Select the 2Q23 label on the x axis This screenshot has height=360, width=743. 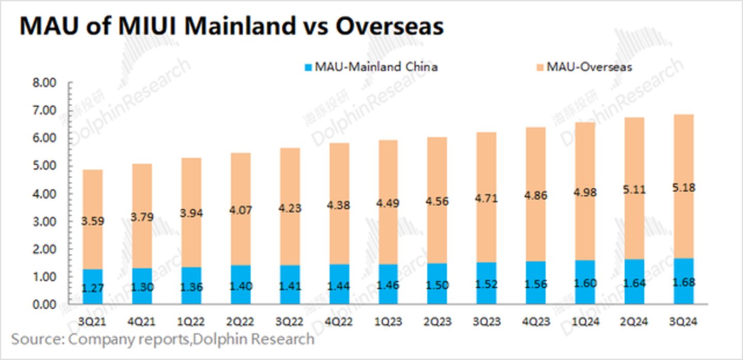(x=437, y=322)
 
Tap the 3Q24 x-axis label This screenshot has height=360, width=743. (x=683, y=322)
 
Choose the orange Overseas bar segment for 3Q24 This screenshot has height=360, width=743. (x=683, y=155)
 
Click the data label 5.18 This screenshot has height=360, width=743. (x=683, y=188)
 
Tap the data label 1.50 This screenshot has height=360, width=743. (x=437, y=285)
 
